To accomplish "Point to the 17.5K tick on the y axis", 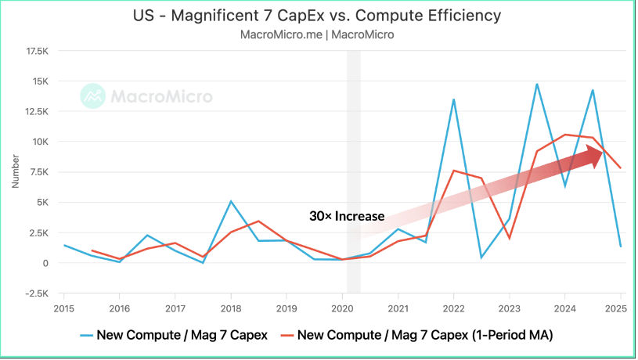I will pos(38,51).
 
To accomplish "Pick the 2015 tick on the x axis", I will pos(63,308).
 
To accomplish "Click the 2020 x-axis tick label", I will pos(343,308).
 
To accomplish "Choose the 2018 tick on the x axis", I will pos(231,308).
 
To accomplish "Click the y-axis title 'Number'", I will pos(16,172).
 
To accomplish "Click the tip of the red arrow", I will pos(602,153).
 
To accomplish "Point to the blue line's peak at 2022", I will pos(454,99).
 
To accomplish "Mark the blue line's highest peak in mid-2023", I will pos(537,84).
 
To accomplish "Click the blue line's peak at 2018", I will pos(231,201).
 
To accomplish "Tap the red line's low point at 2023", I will pos(510,238).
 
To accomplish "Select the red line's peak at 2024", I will pos(565,135).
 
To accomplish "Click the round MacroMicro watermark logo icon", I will pos(93,96).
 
